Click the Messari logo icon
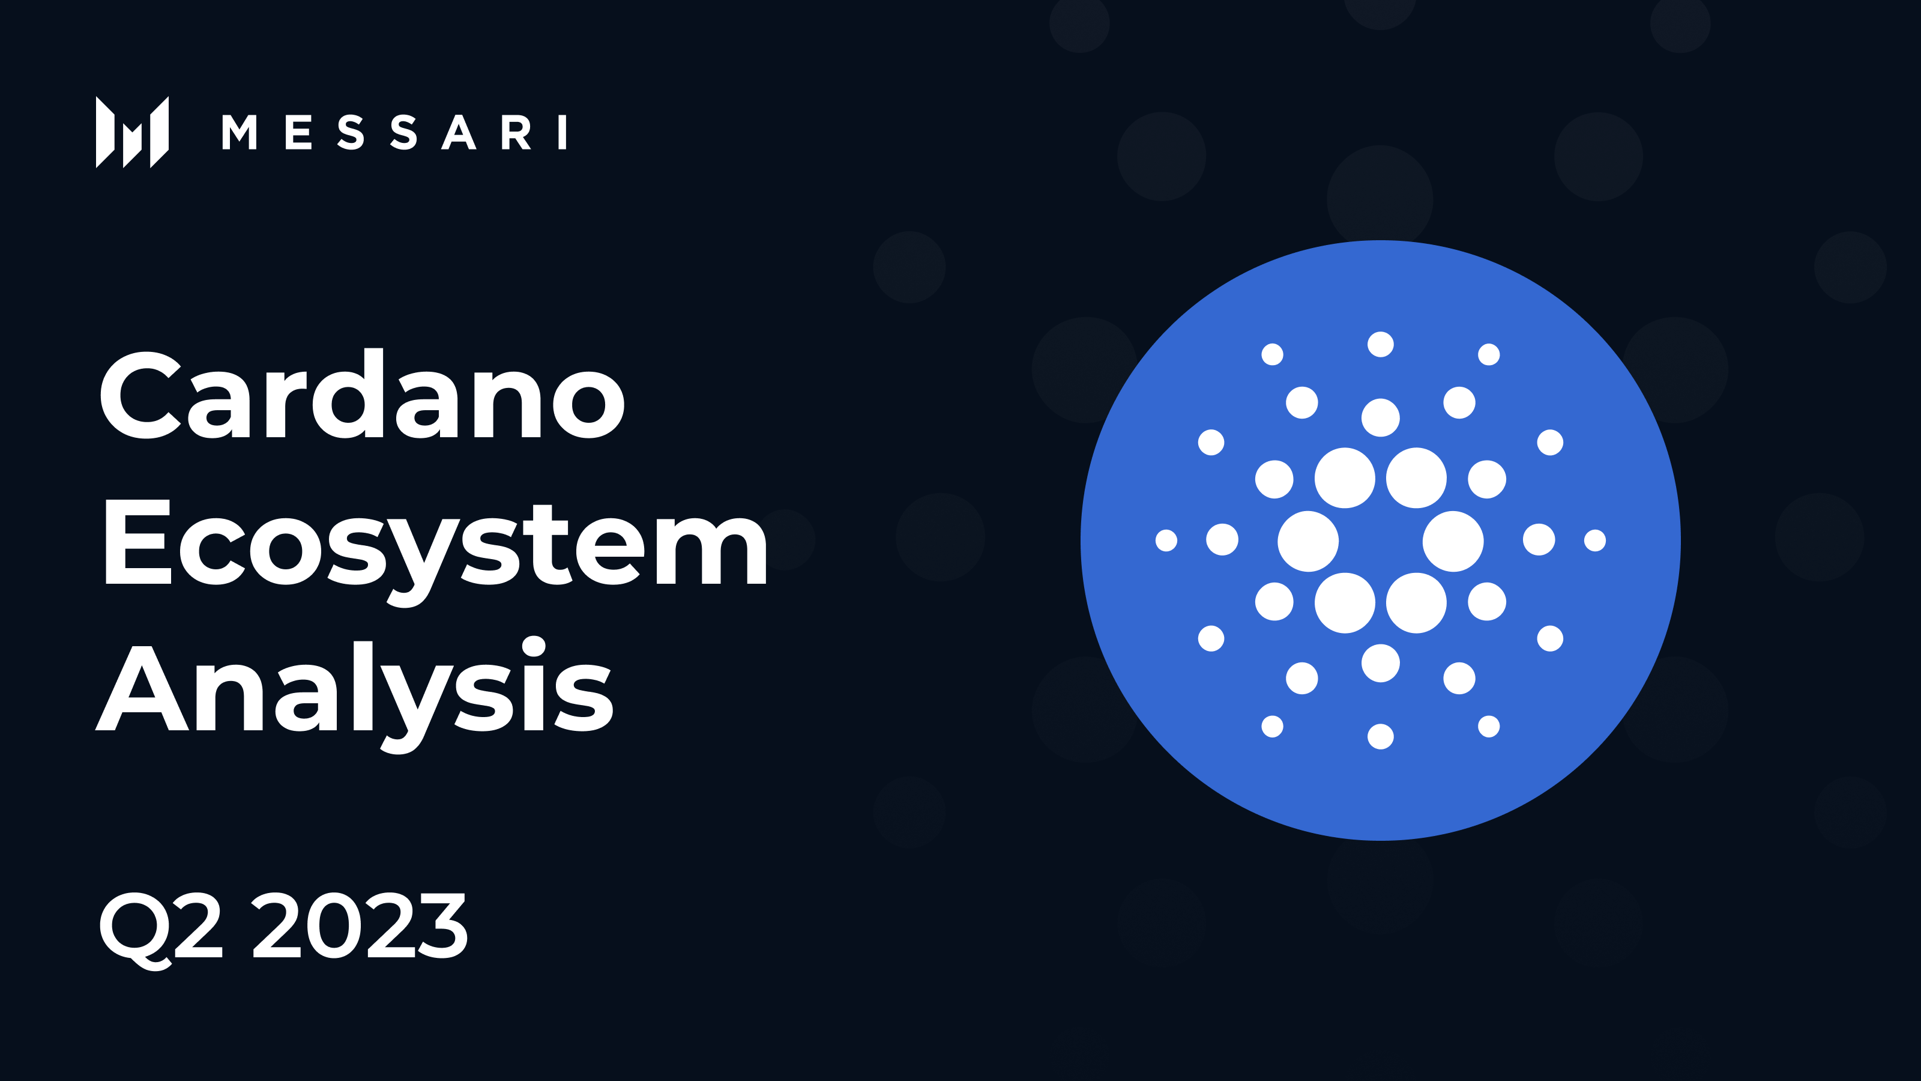tap(132, 132)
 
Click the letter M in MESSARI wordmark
tap(239, 133)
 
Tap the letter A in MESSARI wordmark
tap(459, 133)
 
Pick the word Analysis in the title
tap(355, 690)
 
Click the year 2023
tap(360, 926)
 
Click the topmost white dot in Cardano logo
tap(1380, 345)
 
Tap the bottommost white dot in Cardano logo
tap(1380, 736)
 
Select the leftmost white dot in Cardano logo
tap(1166, 540)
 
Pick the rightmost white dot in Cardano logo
tap(1595, 540)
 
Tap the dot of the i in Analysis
tap(534, 646)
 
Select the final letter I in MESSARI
tap(563, 133)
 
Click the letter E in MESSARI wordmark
tap(298, 133)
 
